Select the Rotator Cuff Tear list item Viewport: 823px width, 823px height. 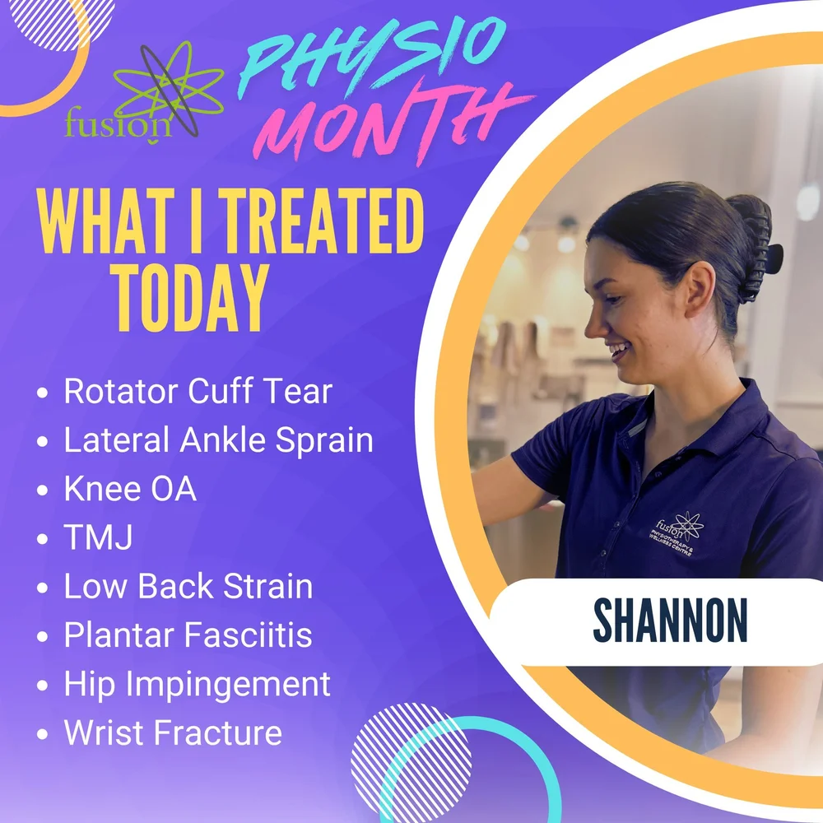point(198,392)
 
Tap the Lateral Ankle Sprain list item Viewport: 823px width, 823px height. point(218,441)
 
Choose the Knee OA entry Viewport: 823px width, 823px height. point(130,490)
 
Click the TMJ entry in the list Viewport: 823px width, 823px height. point(98,538)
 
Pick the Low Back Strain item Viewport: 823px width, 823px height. point(188,587)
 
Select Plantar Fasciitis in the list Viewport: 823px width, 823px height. point(188,635)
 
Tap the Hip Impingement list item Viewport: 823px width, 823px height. point(198,684)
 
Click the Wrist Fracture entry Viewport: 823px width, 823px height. point(173,732)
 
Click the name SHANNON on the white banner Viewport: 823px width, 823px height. point(670,622)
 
